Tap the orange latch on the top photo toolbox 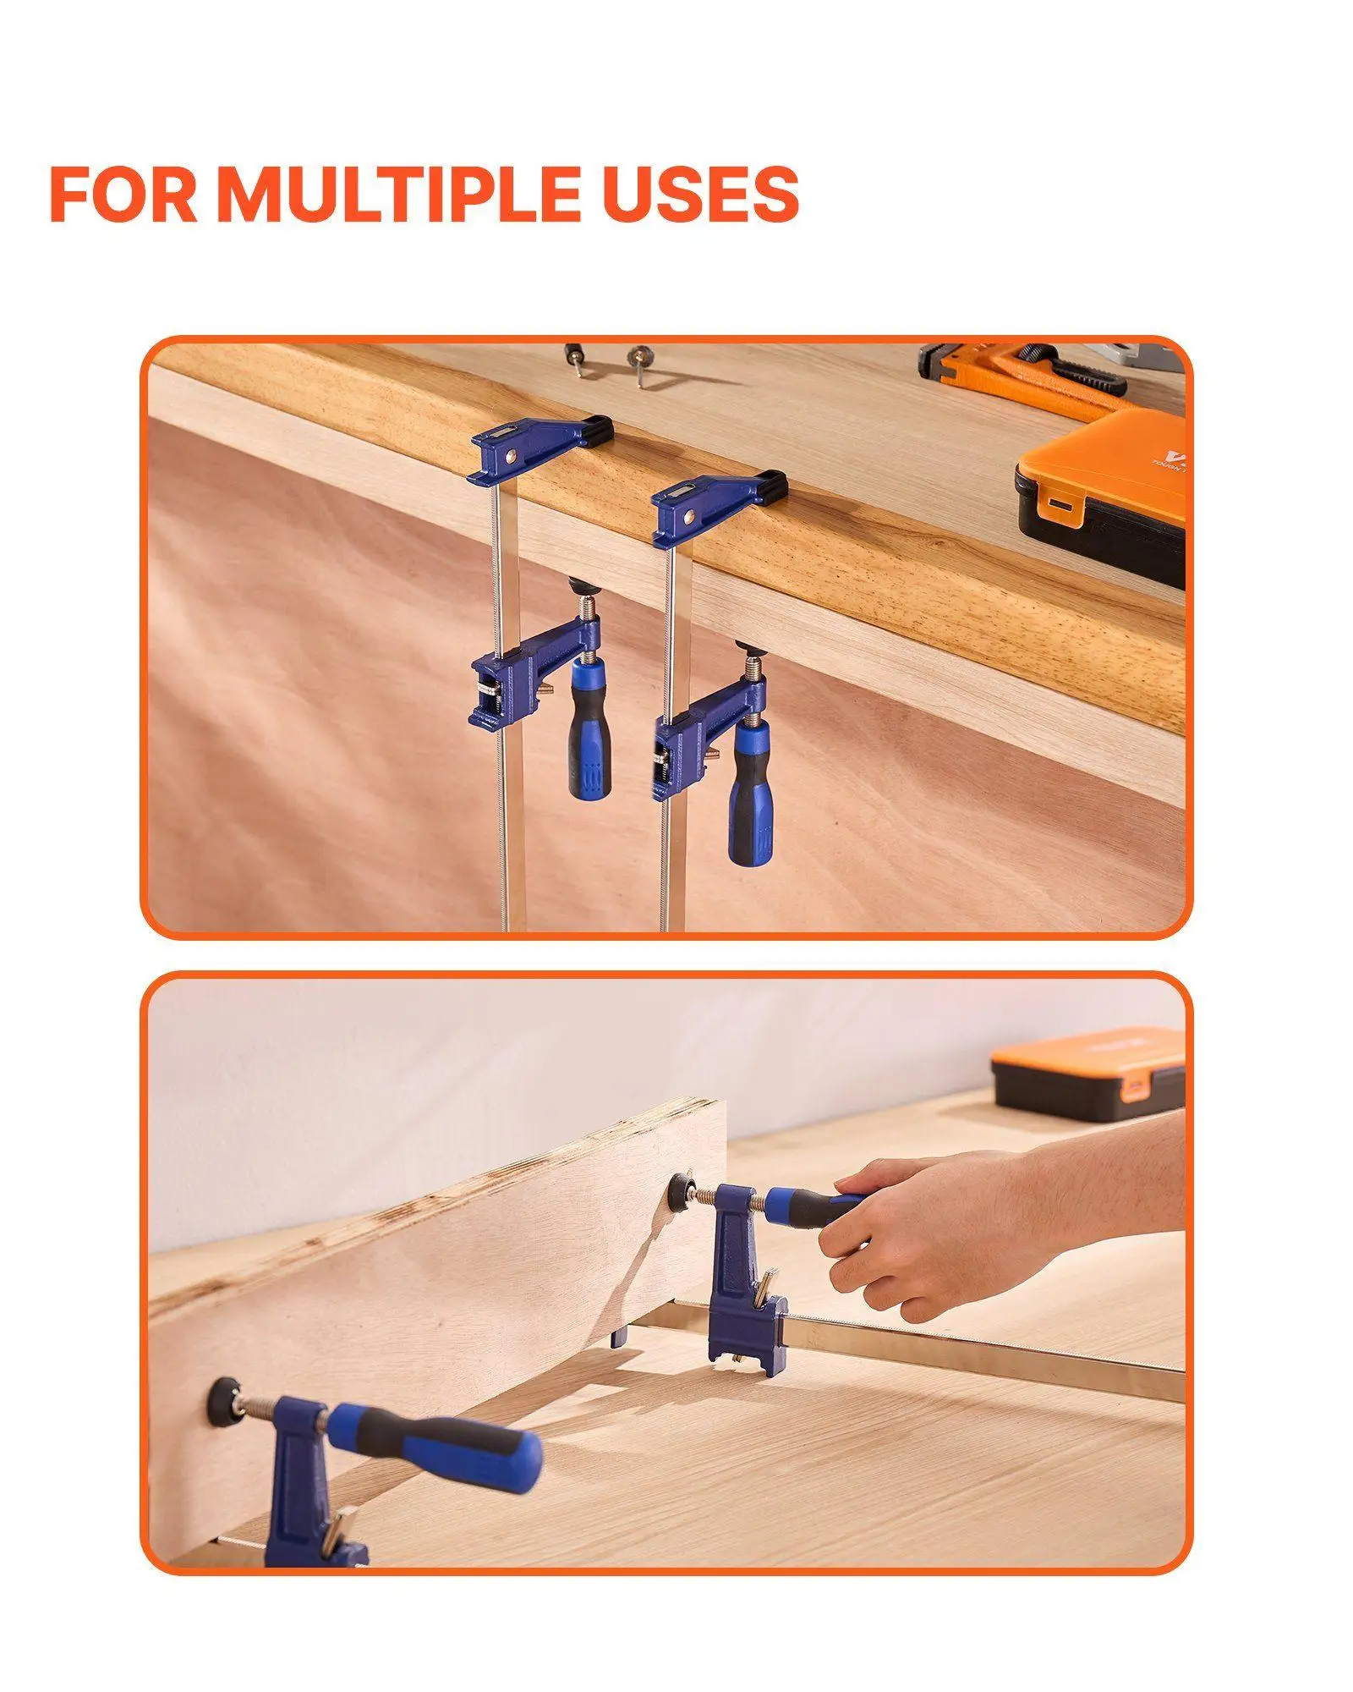click(1059, 506)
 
